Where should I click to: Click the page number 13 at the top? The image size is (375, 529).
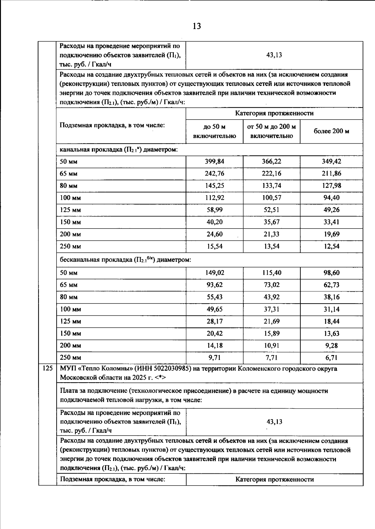[197, 26]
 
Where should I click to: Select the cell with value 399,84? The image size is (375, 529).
[214, 161]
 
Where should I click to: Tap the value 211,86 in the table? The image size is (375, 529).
[332, 174]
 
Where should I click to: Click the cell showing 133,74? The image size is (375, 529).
[272, 186]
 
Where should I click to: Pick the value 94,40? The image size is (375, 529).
[332, 198]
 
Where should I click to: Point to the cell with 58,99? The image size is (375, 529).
[214, 210]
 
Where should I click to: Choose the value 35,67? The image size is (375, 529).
[272, 222]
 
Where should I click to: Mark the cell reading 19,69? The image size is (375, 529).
[332, 234]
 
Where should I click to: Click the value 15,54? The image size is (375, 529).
[214, 246]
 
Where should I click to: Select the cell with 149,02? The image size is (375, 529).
[214, 273]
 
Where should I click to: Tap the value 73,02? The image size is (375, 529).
[272, 285]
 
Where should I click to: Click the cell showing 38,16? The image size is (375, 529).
[332, 297]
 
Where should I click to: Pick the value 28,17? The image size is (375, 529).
[214, 321]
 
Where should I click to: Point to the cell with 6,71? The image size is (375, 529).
[332, 358]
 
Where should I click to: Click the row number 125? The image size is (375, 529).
[47, 368]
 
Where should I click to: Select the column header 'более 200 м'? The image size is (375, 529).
[332, 131]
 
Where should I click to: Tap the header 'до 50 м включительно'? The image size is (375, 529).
[214, 131]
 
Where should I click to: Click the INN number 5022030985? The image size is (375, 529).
[172, 368]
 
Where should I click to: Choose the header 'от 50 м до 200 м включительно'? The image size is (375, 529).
[272, 131]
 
